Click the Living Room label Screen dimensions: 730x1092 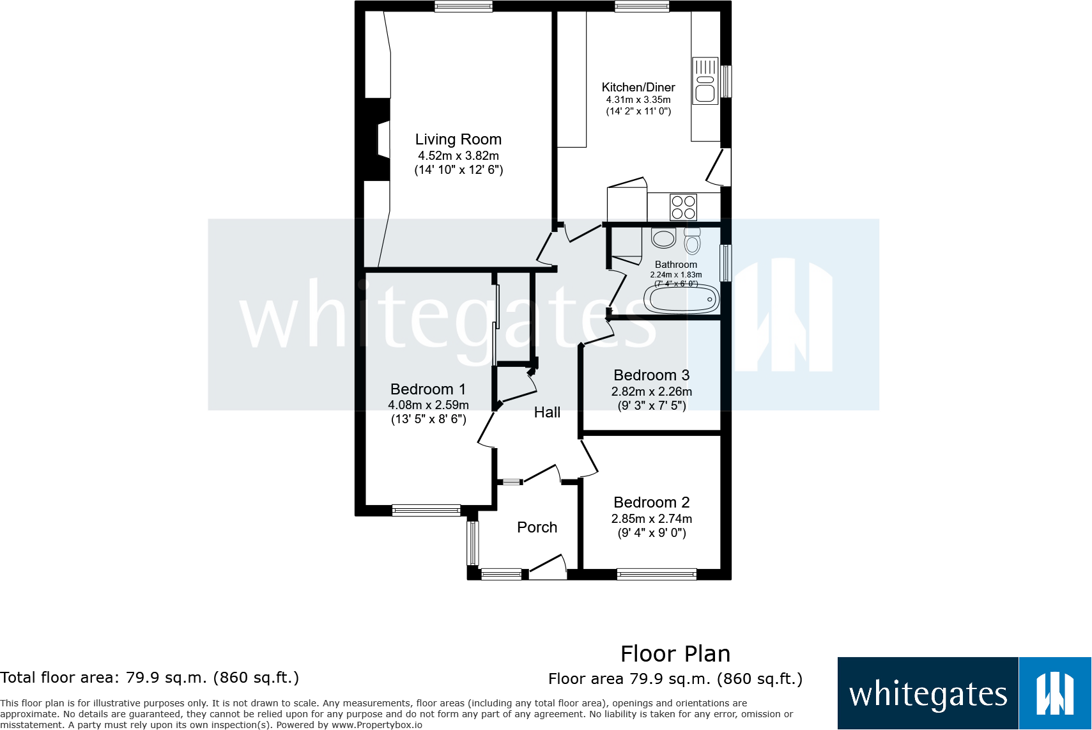pyautogui.click(x=458, y=139)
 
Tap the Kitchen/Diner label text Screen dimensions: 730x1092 pyautogui.click(x=638, y=87)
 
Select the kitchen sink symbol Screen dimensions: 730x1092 pyautogui.click(x=705, y=81)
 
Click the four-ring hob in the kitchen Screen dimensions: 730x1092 pyautogui.click(x=683, y=207)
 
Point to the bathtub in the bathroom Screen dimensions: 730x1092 pyautogui.click(x=681, y=299)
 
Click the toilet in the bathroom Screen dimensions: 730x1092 pyautogui.click(x=692, y=241)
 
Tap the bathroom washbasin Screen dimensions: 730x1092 pyautogui.click(x=664, y=238)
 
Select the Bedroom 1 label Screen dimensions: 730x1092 pyautogui.click(x=427, y=389)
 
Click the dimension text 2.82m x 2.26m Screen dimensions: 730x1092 pyautogui.click(x=651, y=391)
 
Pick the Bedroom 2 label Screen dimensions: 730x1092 pyautogui.click(x=651, y=502)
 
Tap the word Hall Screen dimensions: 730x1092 pyautogui.click(x=547, y=412)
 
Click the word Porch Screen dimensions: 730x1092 pyautogui.click(x=537, y=527)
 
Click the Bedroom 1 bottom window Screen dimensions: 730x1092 pyautogui.click(x=426, y=510)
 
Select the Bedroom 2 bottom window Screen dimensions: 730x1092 pyautogui.click(x=656, y=574)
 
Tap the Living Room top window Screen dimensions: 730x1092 pyautogui.click(x=463, y=6)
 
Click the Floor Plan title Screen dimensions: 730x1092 pyautogui.click(x=675, y=654)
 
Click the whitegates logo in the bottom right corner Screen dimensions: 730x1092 pyautogui.click(x=964, y=694)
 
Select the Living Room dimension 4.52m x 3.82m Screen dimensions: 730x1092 pyautogui.click(x=458, y=155)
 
